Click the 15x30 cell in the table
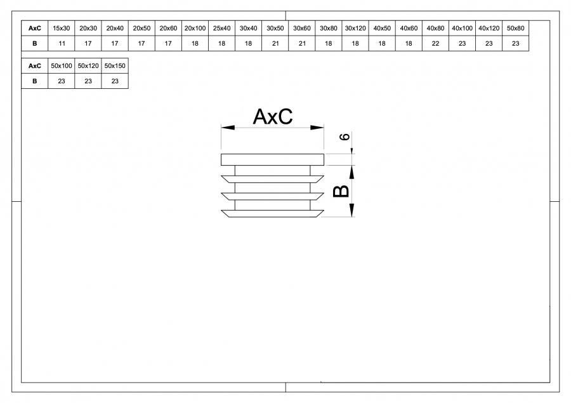(62, 29)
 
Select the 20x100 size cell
(195, 29)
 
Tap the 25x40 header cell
(221, 29)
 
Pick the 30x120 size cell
(355, 29)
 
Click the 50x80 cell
(516, 29)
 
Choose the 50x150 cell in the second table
(115, 66)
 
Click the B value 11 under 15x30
(62, 44)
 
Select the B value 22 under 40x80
(435, 44)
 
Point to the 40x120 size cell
(489, 29)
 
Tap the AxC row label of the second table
(35, 66)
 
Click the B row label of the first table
(35, 44)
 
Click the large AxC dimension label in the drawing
(272, 117)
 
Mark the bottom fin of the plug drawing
(272, 214)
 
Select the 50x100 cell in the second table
(62, 66)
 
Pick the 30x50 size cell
(275, 29)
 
